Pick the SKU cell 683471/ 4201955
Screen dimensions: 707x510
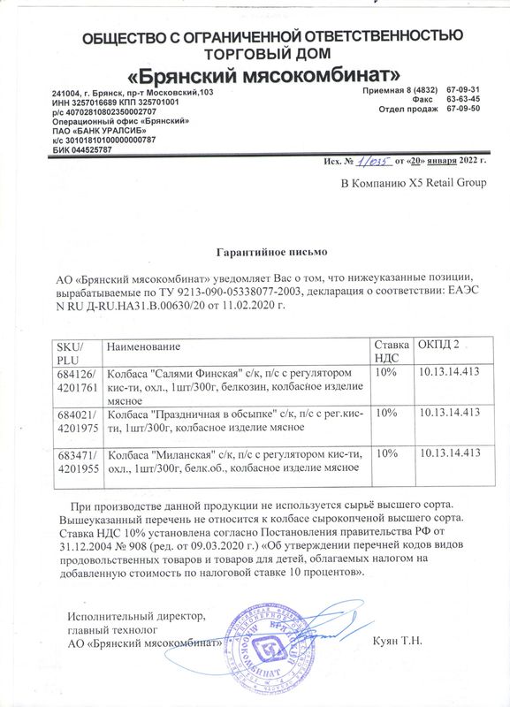pyautogui.click(x=74, y=460)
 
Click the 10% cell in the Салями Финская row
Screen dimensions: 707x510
pyautogui.click(x=385, y=372)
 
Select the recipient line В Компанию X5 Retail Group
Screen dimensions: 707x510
pyautogui.click(x=414, y=183)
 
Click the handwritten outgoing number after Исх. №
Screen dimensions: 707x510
pyautogui.click(x=374, y=160)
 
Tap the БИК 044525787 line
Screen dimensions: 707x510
pyautogui.click(x=82, y=149)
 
